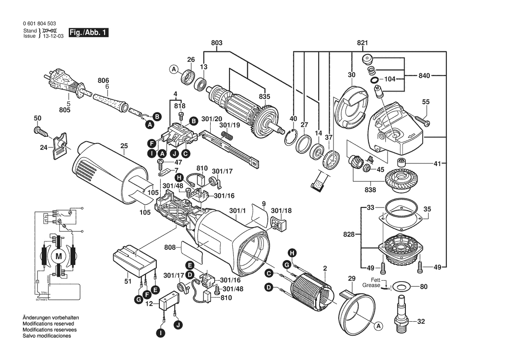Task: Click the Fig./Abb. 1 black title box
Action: pyautogui.click(x=89, y=32)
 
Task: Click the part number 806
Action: pyautogui.click(x=103, y=81)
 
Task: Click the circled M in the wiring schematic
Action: pyautogui.click(x=58, y=257)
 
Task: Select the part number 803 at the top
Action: pyautogui.click(x=217, y=43)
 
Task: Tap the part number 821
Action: pyautogui.click(x=363, y=43)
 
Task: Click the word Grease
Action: pyautogui.click(x=371, y=285)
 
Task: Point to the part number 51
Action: pyautogui.click(x=128, y=282)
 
